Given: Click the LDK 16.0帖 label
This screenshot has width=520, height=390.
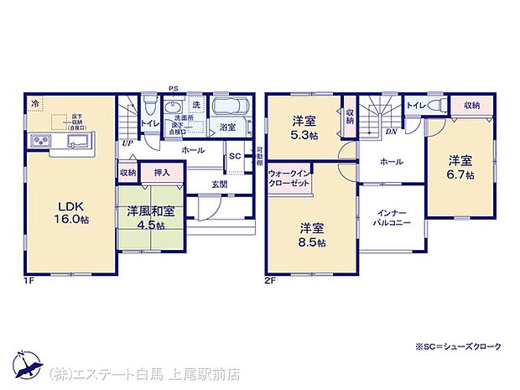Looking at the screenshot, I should point(73,211).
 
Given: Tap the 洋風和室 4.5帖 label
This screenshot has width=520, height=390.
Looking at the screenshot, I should point(152,216).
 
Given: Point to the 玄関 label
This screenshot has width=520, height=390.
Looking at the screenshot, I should point(218,184).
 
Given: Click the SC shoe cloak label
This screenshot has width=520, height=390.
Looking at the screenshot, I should point(235,157).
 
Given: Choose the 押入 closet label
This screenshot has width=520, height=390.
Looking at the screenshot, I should point(161,173).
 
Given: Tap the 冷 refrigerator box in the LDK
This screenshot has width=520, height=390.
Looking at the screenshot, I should point(35,103).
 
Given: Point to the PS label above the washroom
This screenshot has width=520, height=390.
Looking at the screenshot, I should point(172,88).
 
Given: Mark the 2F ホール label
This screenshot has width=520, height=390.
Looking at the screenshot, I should point(390,162).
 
